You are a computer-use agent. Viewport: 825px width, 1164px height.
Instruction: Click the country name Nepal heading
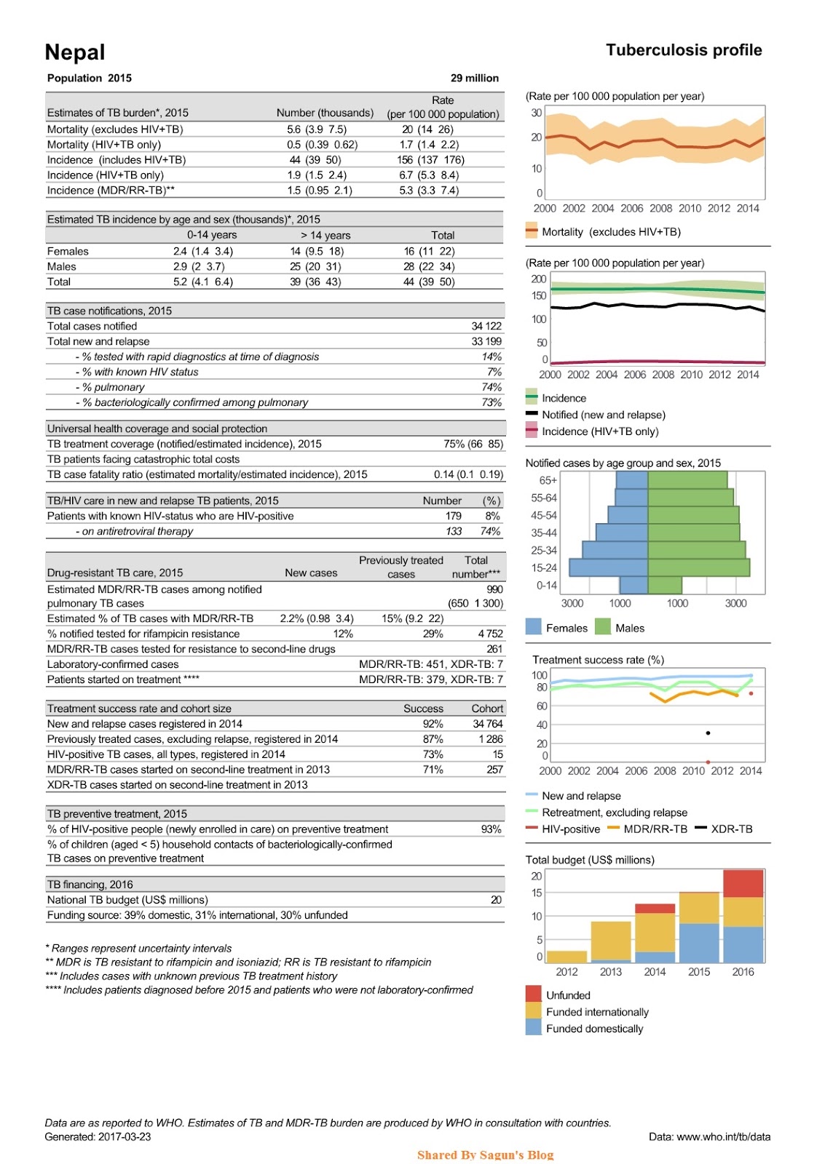(x=75, y=52)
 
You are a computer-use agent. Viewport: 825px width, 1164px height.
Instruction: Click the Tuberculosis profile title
(x=684, y=50)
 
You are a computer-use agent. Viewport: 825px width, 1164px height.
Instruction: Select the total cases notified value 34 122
(x=486, y=326)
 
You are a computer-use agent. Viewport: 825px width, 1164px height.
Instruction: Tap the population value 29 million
(x=475, y=78)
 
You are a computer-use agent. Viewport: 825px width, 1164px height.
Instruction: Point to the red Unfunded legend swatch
(x=534, y=994)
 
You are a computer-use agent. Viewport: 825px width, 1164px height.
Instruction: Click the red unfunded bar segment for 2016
(x=743, y=884)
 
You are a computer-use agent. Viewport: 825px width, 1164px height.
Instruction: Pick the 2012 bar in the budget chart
(x=567, y=957)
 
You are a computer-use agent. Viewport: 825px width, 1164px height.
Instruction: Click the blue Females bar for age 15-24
(x=609, y=567)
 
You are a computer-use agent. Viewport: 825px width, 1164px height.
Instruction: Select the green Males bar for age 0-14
(x=665, y=585)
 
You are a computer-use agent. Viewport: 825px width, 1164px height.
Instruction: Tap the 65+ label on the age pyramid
(x=548, y=480)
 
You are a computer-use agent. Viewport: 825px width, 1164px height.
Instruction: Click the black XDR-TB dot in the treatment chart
(x=708, y=733)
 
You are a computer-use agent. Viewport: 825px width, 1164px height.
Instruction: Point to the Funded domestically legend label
(x=595, y=1029)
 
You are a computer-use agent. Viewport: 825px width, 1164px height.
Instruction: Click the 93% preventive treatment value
(x=492, y=829)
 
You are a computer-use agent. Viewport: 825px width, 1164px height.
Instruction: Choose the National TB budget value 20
(x=496, y=900)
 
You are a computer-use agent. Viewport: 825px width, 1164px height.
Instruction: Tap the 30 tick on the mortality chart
(x=537, y=113)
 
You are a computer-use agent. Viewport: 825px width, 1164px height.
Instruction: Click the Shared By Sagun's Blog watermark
(x=485, y=1155)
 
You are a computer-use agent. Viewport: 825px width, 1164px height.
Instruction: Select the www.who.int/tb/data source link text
(x=723, y=1136)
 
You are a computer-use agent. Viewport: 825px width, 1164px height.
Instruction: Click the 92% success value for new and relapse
(x=433, y=724)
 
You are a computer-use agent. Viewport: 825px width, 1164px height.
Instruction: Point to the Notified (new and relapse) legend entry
(x=603, y=415)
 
